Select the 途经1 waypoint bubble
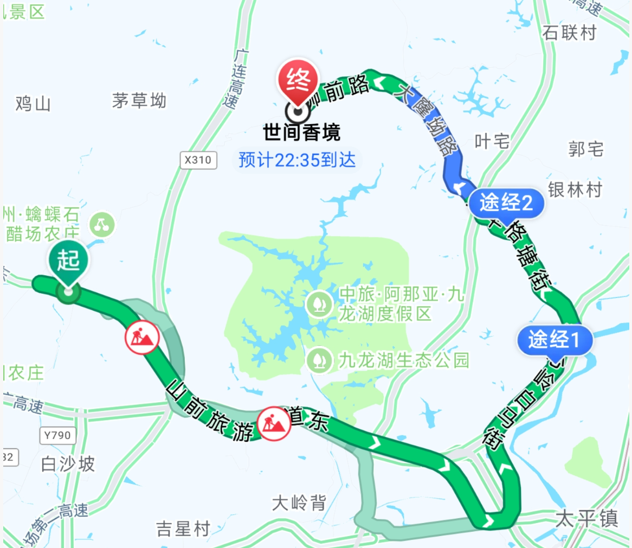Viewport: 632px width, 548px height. pos(554,340)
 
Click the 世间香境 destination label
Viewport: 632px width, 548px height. pos(302,132)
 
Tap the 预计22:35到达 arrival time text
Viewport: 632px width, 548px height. pos(297,160)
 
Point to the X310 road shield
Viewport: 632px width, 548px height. pos(199,160)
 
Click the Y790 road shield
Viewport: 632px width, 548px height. pos(58,435)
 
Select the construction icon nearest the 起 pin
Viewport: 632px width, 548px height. pos(142,338)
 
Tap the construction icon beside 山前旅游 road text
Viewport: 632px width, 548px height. pos(274,423)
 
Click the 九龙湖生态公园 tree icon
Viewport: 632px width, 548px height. pos(319,360)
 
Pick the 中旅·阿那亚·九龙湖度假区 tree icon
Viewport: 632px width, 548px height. pos(319,304)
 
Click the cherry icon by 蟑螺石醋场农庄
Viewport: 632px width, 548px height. pos(101,224)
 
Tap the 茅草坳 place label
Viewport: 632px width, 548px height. pos(139,101)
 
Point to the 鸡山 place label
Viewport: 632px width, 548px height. pos(33,102)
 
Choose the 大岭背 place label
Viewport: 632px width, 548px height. pos(299,503)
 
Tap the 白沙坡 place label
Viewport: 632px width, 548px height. pos(68,464)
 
